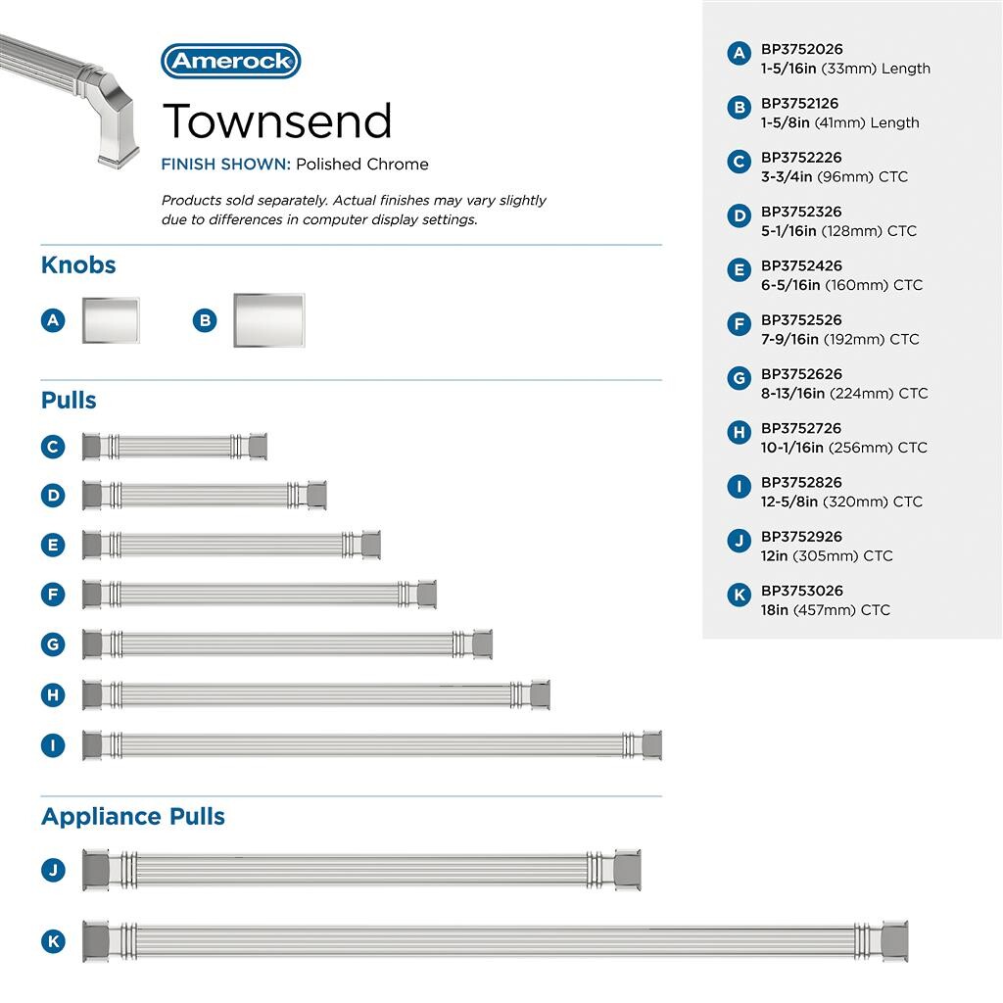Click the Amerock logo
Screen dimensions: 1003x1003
click(x=230, y=61)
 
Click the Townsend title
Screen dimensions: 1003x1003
click(x=277, y=120)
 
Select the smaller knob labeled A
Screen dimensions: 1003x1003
click(x=110, y=319)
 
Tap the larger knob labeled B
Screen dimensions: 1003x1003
click(x=268, y=320)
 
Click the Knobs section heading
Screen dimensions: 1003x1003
click(x=78, y=264)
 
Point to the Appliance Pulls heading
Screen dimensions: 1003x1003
click(x=133, y=816)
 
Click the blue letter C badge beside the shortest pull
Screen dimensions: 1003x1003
click(x=53, y=447)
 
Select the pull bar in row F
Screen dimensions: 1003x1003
click(x=260, y=594)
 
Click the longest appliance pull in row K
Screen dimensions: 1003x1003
click(x=495, y=941)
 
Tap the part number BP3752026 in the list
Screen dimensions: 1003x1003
click(x=801, y=49)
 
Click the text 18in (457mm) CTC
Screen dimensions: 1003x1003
click(x=826, y=610)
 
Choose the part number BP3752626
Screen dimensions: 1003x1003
click(x=801, y=374)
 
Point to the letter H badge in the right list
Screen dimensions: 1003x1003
click(x=740, y=432)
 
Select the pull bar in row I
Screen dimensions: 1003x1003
click(x=372, y=744)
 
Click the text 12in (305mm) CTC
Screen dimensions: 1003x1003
click(x=827, y=555)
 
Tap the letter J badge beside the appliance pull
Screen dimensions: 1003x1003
click(x=53, y=869)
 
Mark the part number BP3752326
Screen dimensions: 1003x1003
click(x=801, y=212)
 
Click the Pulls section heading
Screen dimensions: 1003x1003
click(x=69, y=400)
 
